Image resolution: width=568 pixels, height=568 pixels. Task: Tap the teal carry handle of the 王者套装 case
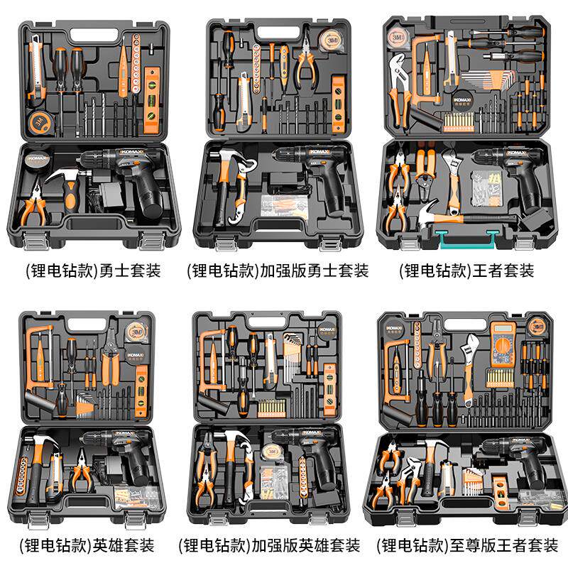click(469, 241)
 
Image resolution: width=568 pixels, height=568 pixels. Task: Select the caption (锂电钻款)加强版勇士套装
click(278, 271)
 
